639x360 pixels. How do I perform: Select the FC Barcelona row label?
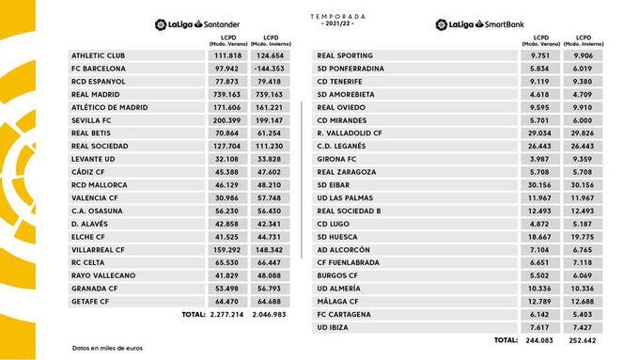tap(99, 69)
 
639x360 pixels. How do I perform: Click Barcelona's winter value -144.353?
tap(269, 69)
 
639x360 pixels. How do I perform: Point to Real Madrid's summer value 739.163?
tap(225, 95)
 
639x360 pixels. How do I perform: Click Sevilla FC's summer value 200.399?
tap(225, 120)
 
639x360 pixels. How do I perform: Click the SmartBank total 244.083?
tap(538, 340)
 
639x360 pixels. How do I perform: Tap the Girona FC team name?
tap(337, 160)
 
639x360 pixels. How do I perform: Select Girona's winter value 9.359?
tap(584, 160)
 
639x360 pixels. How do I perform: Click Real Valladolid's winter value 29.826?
tap(584, 133)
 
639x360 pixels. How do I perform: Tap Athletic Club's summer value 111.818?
tap(225, 55)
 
